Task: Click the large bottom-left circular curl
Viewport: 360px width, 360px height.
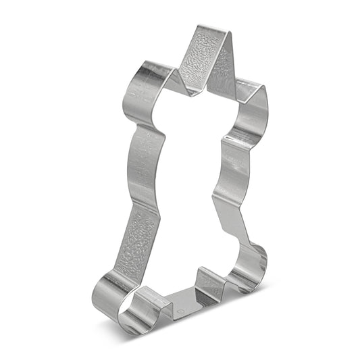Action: [111, 298]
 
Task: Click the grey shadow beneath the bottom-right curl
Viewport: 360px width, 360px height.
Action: [260, 287]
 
